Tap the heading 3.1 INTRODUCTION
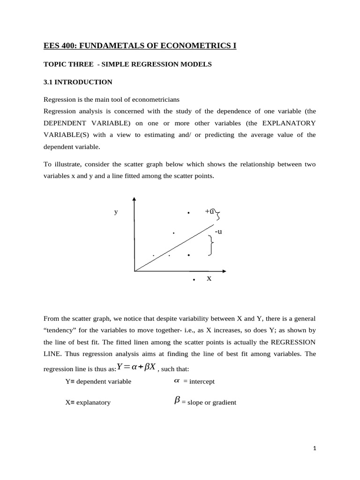click(78, 82)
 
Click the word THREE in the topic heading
click(75, 64)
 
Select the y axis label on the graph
click(116, 212)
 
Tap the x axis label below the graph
click(209, 278)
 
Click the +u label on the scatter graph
click(210, 211)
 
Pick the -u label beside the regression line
click(218, 232)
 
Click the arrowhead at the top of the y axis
click(135, 199)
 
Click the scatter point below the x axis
click(194, 280)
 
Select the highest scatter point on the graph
click(188, 213)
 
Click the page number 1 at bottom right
click(315, 449)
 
